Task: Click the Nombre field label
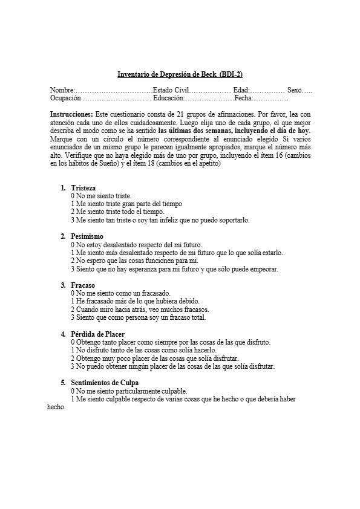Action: [x=61, y=90]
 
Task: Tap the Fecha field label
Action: [x=243, y=98]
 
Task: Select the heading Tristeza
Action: [x=83, y=188]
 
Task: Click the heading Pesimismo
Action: [x=87, y=236]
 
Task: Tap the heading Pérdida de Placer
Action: [x=98, y=334]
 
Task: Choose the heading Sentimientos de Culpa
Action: [x=105, y=382]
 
